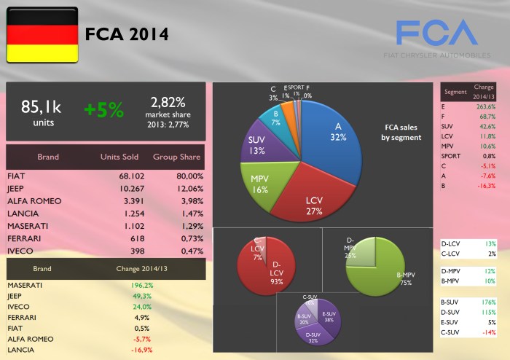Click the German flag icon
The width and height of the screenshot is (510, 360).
point(41,34)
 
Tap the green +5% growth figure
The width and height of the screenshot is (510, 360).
point(103,110)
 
